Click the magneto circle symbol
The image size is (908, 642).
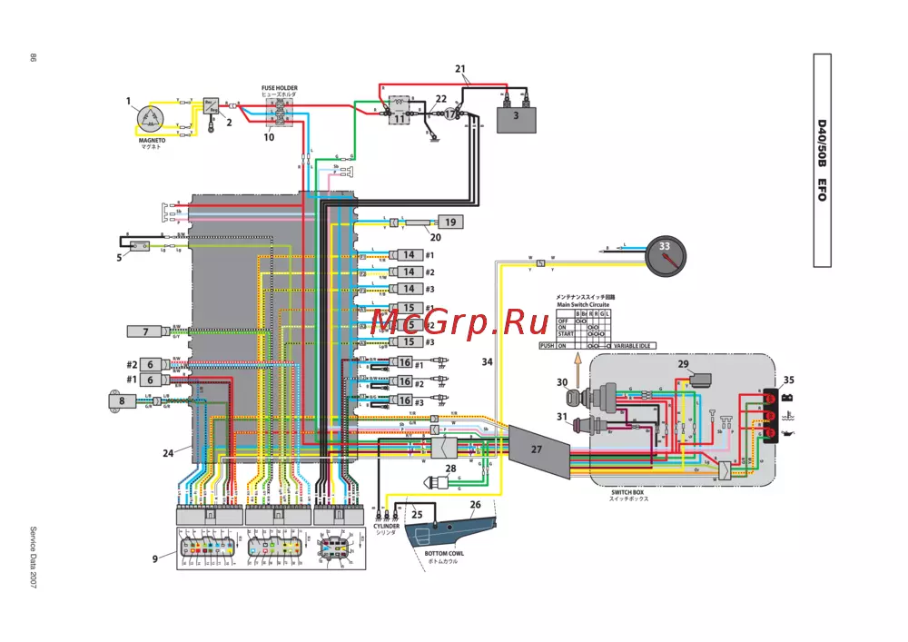pyautogui.click(x=149, y=118)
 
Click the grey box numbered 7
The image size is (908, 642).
pyautogui.click(x=145, y=331)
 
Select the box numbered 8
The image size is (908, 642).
pyautogui.click(x=122, y=400)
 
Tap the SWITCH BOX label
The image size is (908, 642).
pyautogui.click(x=628, y=492)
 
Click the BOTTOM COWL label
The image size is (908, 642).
pyautogui.click(x=444, y=552)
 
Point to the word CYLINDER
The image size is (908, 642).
pyautogui.click(x=387, y=526)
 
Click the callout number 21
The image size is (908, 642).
pyautogui.click(x=460, y=69)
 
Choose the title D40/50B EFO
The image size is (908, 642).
pyautogui.click(x=821, y=160)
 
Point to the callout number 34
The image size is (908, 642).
pyautogui.click(x=487, y=361)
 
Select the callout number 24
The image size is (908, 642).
pyautogui.click(x=167, y=451)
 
